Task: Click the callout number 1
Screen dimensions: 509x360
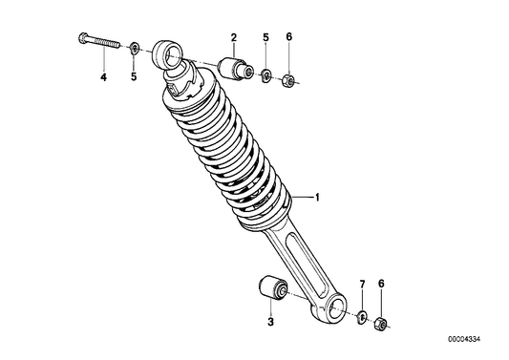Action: (x=317, y=197)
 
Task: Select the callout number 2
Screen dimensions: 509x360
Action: (x=234, y=37)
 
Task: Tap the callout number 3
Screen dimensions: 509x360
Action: (x=270, y=322)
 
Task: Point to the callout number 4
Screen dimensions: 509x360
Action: (x=103, y=77)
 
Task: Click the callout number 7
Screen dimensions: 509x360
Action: (x=362, y=285)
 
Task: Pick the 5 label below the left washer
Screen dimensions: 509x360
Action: (x=134, y=77)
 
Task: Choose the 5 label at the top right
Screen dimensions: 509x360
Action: (x=265, y=37)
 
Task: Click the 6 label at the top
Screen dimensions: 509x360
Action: (x=289, y=37)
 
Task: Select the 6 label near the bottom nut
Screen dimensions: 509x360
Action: (x=381, y=284)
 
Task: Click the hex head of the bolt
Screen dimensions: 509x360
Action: (x=82, y=38)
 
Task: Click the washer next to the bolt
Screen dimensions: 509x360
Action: (x=134, y=48)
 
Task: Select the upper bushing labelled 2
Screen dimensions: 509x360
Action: (x=235, y=69)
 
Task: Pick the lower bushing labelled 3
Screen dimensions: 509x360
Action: (x=273, y=288)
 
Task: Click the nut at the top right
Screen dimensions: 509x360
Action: (x=288, y=80)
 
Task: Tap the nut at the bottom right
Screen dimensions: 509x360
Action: (x=380, y=324)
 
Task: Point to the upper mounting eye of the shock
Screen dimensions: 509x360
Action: (x=166, y=54)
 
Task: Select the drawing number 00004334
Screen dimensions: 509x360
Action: (x=464, y=340)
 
